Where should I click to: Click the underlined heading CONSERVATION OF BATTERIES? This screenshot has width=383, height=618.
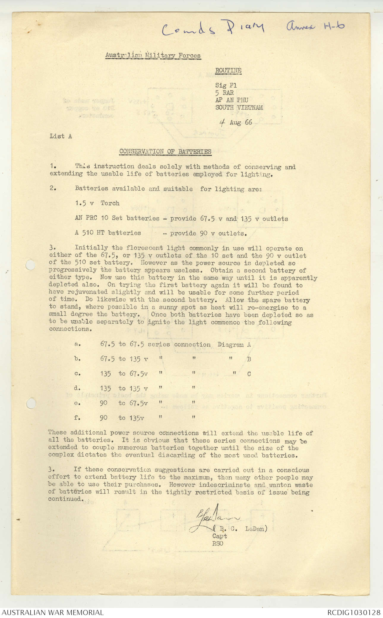coord(165,151)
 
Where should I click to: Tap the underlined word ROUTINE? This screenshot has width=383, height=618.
coord(228,71)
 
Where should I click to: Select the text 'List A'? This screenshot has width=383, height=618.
coord(61,136)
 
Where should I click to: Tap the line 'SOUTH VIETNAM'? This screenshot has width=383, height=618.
coord(239,108)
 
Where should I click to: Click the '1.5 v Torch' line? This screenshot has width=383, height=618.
coord(97,203)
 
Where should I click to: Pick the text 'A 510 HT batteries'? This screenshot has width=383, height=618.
coord(108,233)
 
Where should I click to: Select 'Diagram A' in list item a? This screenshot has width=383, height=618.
coord(234,344)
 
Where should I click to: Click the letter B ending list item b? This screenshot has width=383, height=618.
coord(249,359)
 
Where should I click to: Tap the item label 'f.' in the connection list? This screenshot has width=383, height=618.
coord(77,418)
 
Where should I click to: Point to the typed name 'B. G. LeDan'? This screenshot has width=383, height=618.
coord(242,529)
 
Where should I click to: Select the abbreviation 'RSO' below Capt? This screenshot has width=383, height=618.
coord(217,543)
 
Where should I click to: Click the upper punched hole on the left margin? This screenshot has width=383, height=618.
coord(30,264)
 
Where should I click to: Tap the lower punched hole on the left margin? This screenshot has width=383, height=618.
coord(31,403)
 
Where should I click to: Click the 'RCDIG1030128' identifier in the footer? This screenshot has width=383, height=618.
coord(354,612)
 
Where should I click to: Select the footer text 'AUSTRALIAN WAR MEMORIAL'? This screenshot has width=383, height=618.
coord(53,612)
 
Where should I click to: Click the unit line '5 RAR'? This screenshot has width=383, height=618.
coord(224,93)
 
